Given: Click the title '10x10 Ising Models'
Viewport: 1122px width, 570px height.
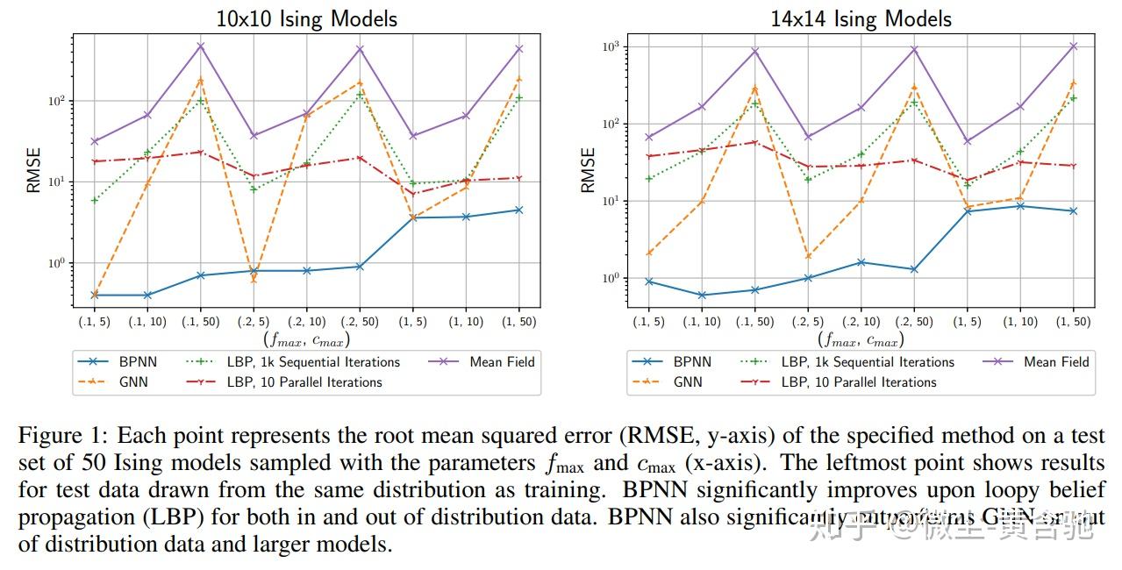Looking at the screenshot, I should [x=306, y=18].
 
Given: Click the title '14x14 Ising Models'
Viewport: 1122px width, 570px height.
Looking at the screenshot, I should [x=861, y=18].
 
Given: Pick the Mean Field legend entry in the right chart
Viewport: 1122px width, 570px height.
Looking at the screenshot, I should [x=1056, y=361].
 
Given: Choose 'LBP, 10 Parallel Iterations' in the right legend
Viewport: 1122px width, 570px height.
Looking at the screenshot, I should [x=858, y=382].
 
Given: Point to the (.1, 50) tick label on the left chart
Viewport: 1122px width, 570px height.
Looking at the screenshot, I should [x=200, y=322].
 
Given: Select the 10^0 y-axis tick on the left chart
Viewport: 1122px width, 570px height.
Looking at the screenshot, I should [x=56, y=263].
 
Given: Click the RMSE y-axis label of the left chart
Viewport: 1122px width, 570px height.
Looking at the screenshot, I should [x=33, y=170].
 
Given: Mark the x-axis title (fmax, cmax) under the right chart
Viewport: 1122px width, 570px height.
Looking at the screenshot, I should [x=861, y=339].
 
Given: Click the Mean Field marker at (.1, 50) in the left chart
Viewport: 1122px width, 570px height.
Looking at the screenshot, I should [x=200, y=46].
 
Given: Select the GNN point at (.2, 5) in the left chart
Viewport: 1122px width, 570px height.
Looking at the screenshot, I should [x=254, y=279].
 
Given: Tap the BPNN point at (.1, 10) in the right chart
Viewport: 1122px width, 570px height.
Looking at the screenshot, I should [x=702, y=296].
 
